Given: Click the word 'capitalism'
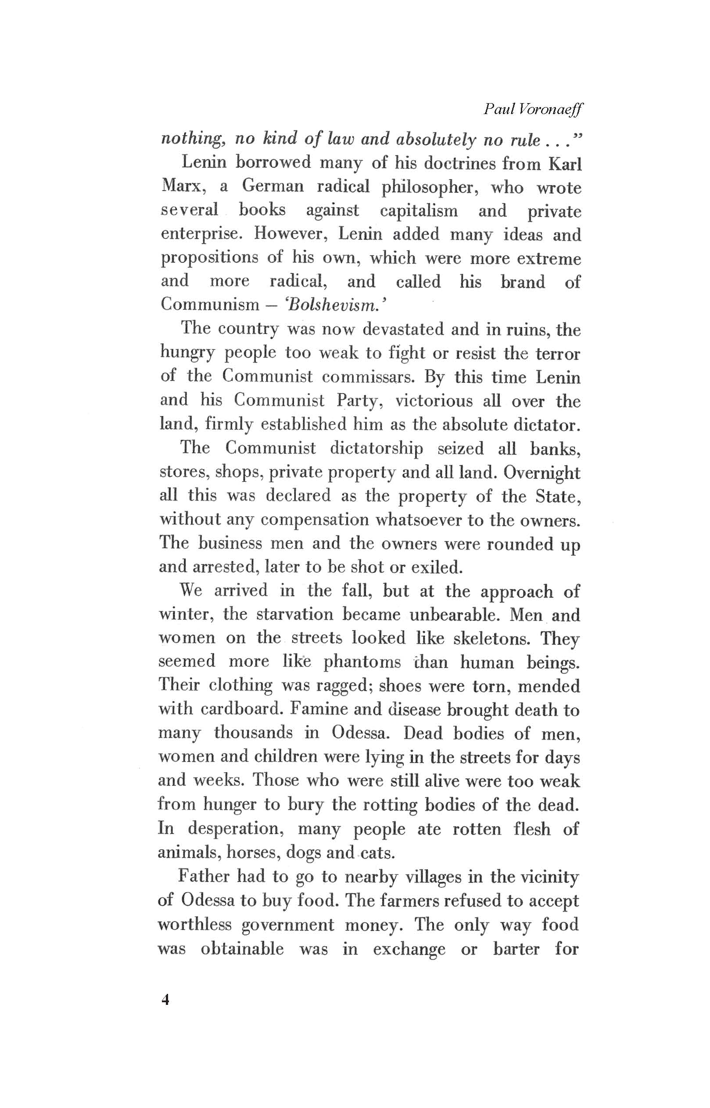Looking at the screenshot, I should pos(419,211).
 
